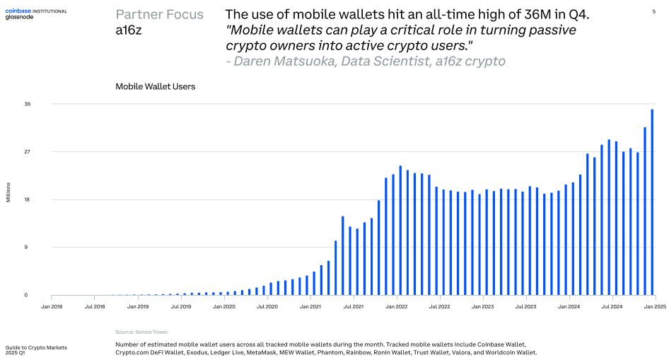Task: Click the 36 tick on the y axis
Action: [x=28, y=104]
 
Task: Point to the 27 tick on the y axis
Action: [x=28, y=152]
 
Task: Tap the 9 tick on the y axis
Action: [x=27, y=248]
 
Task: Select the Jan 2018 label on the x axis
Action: [x=52, y=307]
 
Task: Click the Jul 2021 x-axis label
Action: [x=353, y=307]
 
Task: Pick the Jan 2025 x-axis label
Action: [x=655, y=307]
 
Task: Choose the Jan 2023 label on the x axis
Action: [x=482, y=307]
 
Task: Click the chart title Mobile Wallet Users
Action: [x=155, y=87]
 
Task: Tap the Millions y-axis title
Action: [x=8, y=192]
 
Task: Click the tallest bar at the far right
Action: [x=652, y=202]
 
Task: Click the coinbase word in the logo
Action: [x=18, y=11]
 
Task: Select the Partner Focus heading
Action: [x=159, y=15]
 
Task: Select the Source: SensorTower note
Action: [x=142, y=332]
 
